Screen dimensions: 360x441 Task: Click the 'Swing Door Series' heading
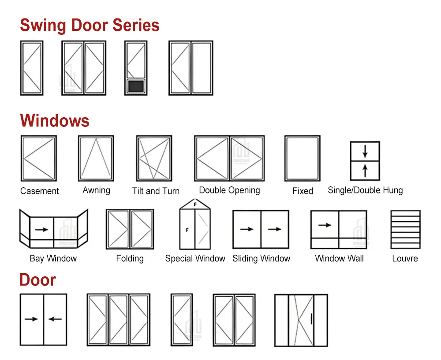tap(90, 25)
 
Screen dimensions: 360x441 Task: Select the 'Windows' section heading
tap(55, 121)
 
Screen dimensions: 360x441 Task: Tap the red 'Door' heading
tap(37, 280)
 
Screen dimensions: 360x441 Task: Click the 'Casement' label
tap(39, 191)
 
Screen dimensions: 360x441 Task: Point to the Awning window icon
tap(96, 158)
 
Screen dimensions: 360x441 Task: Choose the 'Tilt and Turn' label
tap(156, 191)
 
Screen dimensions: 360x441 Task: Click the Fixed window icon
tap(302, 158)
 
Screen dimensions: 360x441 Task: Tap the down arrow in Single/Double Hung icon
tap(365, 151)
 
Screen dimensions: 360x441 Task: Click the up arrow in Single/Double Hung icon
tap(365, 171)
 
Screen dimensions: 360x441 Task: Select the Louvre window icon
tap(405, 229)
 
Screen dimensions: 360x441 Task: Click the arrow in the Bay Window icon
tap(41, 230)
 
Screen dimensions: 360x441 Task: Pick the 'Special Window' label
tap(195, 259)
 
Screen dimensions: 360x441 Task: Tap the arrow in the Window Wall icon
tap(325, 225)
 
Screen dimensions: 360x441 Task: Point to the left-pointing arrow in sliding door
tap(55, 319)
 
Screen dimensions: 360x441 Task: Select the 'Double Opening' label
tap(229, 190)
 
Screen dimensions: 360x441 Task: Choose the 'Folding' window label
tap(130, 259)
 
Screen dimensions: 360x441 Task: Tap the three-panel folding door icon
tap(118, 319)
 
